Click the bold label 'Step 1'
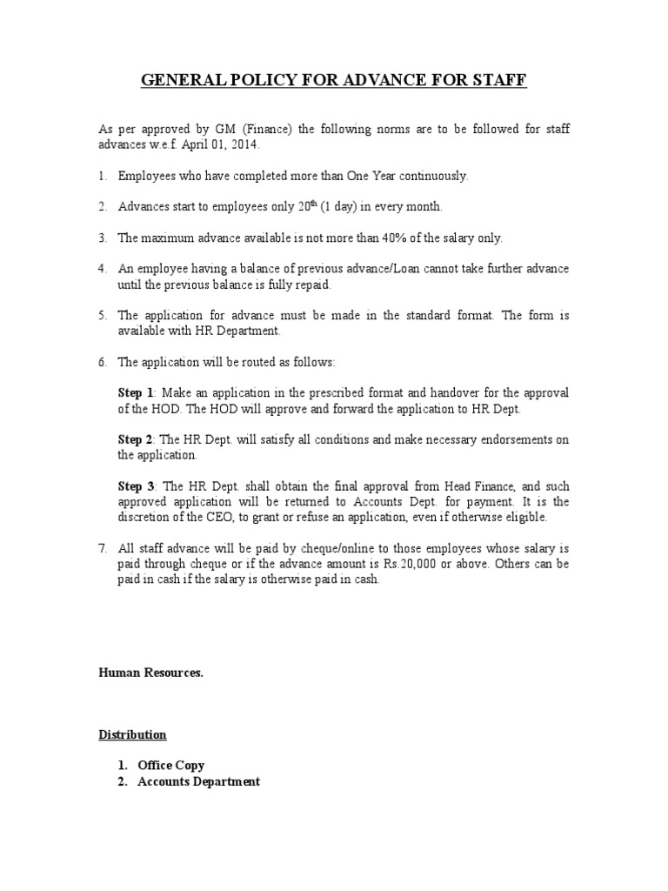click(136, 393)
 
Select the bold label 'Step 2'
click(136, 440)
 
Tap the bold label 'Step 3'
click(136, 487)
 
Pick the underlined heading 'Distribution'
click(132, 735)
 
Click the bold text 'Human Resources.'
click(150, 673)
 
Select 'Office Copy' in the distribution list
click(171, 766)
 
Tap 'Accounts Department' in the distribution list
click(198, 781)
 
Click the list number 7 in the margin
click(102, 549)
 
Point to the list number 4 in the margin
click(102, 270)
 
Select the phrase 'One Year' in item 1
click(371, 176)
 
